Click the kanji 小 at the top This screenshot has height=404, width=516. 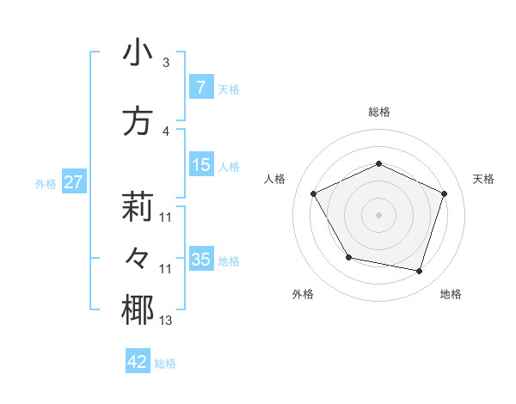tap(138, 53)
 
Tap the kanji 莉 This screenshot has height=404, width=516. tap(138, 206)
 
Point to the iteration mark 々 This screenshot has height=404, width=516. tap(138, 259)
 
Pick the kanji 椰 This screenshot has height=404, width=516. tap(138, 311)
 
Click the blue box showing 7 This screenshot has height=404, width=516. tap(200, 88)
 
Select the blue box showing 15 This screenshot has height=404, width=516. tap(200, 165)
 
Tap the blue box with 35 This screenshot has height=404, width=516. tap(200, 260)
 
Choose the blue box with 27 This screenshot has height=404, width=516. tap(73, 182)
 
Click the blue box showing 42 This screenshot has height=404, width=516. tap(138, 362)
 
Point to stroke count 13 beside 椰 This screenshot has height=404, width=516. tap(166, 321)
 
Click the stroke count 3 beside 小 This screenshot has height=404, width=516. tap(166, 63)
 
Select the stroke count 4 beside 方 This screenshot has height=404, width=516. tap(166, 132)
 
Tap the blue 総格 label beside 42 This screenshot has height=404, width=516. tap(165, 364)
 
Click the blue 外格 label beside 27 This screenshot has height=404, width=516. tap(46, 183)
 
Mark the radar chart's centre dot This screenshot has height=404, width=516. tap(378, 214)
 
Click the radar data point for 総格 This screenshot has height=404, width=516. tap(378, 163)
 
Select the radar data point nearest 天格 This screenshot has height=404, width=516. tap(444, 193)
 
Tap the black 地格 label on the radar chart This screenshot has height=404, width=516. tap(451, 295)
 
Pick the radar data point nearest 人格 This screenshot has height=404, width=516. tap(314, 193)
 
